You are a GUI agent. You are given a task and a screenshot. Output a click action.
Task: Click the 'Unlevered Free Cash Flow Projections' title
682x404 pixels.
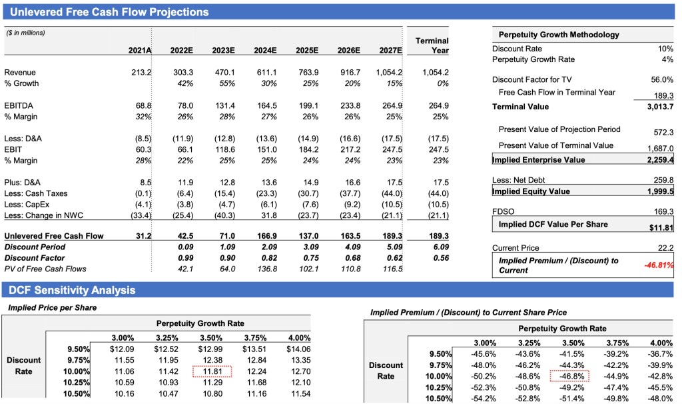109,12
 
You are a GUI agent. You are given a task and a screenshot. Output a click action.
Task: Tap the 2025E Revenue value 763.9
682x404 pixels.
307,72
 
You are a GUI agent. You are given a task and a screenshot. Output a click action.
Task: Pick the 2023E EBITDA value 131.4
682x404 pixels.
224,105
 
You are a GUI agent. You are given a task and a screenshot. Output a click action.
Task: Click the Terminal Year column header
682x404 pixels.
432,45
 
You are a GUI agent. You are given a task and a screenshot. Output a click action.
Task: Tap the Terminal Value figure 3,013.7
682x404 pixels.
660,107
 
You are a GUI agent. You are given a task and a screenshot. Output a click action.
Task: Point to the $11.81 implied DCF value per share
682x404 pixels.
661,228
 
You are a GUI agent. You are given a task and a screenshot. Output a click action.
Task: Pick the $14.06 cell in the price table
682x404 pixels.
297,349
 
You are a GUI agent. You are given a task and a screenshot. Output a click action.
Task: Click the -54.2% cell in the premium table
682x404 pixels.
483,399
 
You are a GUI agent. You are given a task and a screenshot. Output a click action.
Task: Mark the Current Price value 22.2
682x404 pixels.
665,248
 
